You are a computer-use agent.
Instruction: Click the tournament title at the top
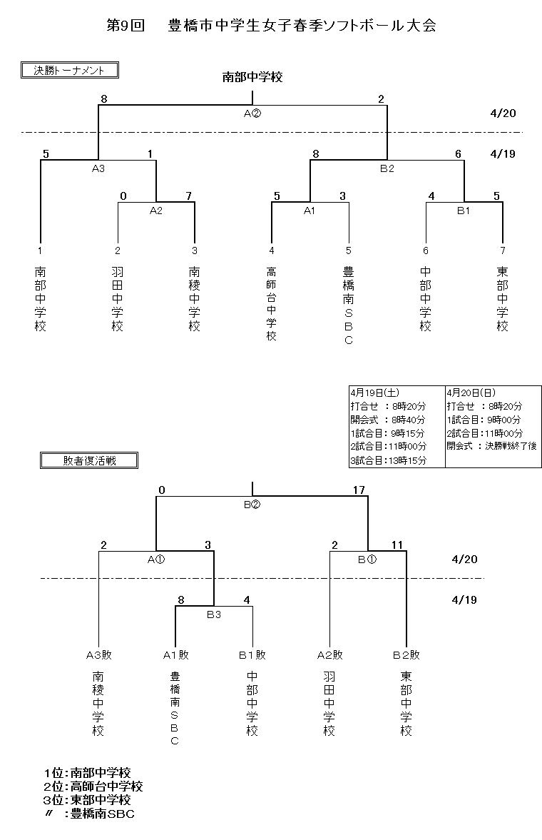click(271, 26)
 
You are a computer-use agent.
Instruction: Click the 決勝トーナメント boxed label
click(69, 70)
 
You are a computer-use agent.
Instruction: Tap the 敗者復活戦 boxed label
click(88, 460)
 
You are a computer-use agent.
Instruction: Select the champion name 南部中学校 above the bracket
click(252, 77)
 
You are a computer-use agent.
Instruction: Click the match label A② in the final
click(252, 113)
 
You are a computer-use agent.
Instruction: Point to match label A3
click(98, 170)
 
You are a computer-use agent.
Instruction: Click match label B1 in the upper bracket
click(464, 211)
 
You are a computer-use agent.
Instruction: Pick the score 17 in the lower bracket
click(359, 490)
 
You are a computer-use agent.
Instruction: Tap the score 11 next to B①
click(397, 545)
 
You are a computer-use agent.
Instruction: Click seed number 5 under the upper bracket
click(349, 251)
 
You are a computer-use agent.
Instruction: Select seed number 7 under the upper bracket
click(503, 251)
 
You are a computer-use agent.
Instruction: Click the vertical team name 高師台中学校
click(272, 303)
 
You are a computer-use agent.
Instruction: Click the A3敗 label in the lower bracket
click(99, 654)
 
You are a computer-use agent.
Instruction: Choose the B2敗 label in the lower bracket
click(406, 654)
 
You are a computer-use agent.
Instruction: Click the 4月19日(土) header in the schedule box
click(374, 393)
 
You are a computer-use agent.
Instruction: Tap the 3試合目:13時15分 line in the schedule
click(388, 460)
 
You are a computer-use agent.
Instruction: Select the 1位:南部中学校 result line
click(87, 773)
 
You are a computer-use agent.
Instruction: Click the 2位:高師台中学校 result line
click(93, 786)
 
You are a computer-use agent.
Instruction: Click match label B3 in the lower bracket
click(214, 614)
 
